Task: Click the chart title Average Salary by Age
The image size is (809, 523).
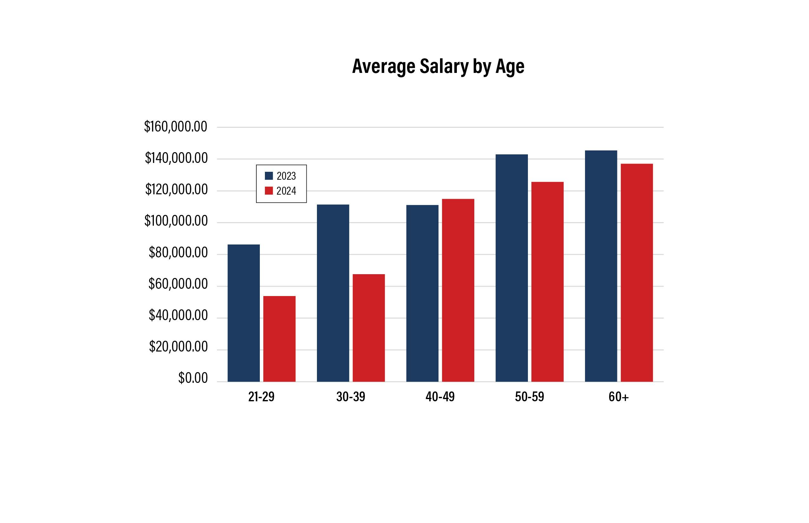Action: point(438,66)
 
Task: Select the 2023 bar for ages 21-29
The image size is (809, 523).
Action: point(243,313)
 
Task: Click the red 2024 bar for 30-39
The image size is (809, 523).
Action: point(368,328)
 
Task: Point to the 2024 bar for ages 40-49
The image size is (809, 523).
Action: point(458,290)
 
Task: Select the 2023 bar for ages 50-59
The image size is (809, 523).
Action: point(511,268)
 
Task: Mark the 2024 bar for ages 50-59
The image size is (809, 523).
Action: point(547,281)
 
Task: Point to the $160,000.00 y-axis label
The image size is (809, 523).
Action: point(175,127)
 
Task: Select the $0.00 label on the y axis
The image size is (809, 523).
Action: point(193,378)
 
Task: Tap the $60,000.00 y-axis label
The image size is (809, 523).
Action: point(178,284)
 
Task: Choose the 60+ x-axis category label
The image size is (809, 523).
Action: point(619,397)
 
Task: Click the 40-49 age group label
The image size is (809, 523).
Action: point(440,397)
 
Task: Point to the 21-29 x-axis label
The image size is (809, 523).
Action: point(261,397)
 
